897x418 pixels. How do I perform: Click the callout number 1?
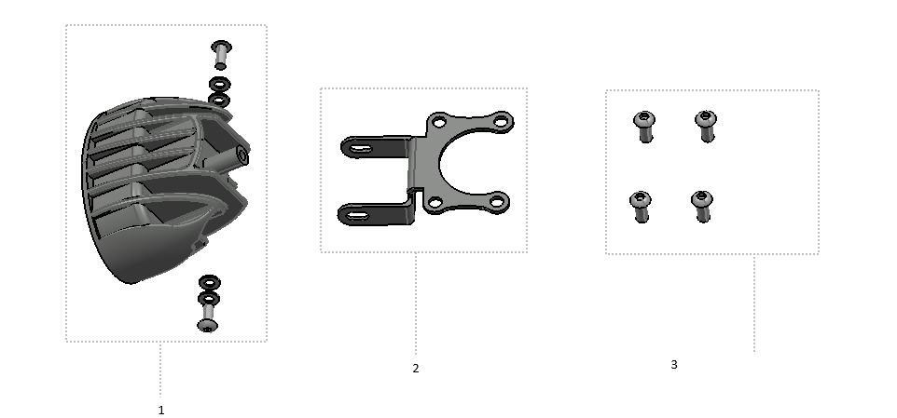(161, 410)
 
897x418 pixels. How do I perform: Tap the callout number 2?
(416, 369)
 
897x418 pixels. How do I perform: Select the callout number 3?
(674, 364)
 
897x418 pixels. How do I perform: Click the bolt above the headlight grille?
(221, 54)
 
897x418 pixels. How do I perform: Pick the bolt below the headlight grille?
(207, 318)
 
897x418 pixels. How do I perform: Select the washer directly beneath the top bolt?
(220, 85)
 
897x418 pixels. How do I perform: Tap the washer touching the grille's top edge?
(219, 101)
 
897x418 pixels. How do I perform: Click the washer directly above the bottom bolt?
(209, 298)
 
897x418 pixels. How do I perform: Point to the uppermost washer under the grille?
(209, 282)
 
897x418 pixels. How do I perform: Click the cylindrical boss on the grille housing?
(241, 155)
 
